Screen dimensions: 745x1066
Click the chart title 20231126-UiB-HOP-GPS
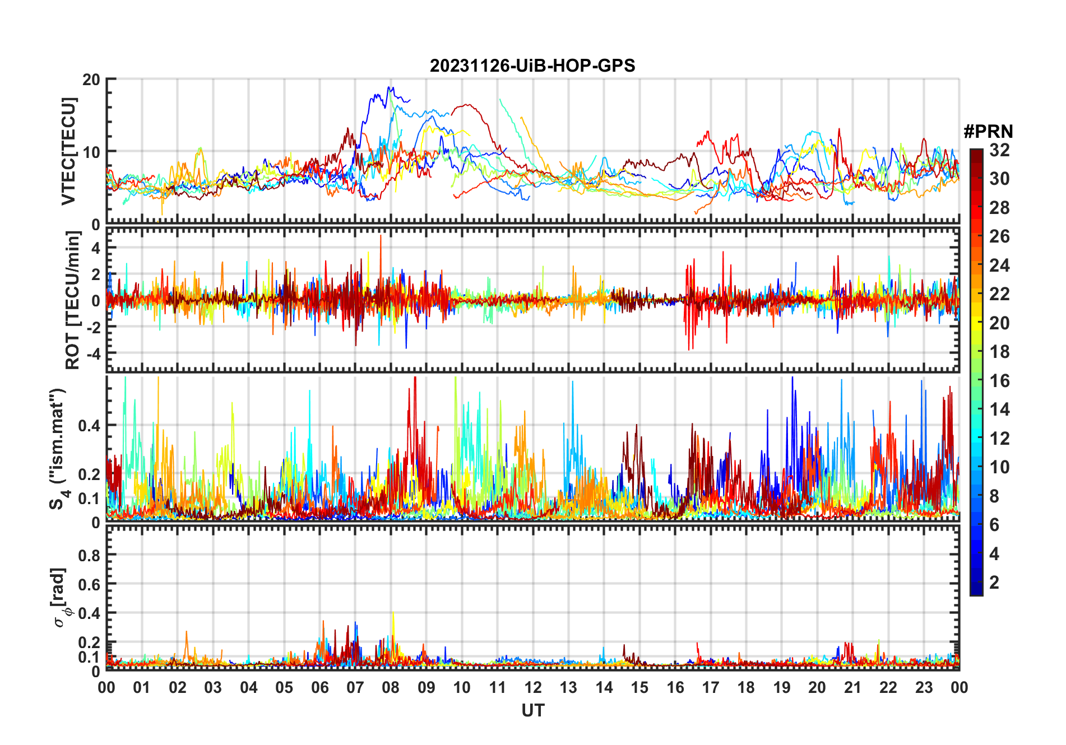(x=532, y=66)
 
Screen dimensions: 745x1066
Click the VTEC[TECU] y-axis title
(x=68, y=151)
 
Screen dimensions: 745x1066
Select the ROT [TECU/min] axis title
(x=73, y=300)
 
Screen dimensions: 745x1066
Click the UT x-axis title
(x=532, y=711)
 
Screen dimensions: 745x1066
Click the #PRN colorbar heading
(x=988, y=132)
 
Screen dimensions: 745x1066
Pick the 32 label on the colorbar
(x=999, y=150)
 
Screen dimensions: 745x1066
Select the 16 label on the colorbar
(x=999, y=381)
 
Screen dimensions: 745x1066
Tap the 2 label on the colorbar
(x=994, y=583)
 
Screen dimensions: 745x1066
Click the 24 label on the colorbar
(x=999, y=266)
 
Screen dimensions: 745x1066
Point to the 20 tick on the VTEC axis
(x=91, y=80)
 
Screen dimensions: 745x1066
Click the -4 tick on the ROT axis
(x=92, y=354)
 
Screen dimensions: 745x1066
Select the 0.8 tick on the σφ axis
(x=89, y=556)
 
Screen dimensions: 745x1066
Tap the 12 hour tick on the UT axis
(x=533, y=688)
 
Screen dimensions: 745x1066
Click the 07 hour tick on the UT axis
(x=355, y=688)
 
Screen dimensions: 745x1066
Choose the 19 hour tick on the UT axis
(x=782, y=688)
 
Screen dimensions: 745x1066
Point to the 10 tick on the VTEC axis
(x=91, y=152)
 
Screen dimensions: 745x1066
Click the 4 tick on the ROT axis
(x=96, y=248)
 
